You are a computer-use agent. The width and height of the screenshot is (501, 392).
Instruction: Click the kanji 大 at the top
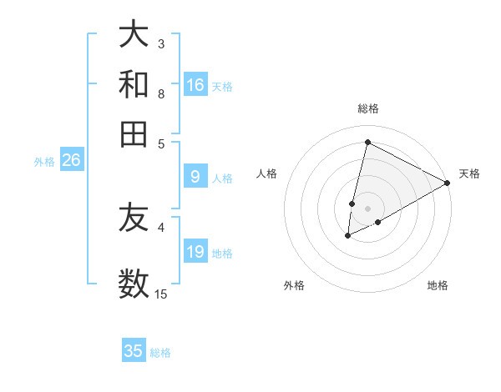point(134,35)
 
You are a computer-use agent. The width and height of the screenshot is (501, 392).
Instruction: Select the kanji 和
point(134,84)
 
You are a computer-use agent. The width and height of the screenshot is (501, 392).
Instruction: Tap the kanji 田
point(134,133)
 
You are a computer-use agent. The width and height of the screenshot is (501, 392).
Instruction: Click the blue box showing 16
point(195,85)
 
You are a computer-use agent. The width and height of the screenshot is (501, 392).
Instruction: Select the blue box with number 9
point(195,177)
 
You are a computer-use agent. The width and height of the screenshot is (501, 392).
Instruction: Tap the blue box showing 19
point(195,253)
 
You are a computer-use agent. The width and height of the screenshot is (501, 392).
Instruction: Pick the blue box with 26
point(71,161)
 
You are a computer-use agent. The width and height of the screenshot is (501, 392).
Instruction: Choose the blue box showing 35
point(134,351)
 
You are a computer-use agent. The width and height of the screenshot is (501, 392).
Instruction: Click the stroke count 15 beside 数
point(161,294)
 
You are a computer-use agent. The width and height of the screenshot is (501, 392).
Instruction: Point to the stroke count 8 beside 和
point(161,93)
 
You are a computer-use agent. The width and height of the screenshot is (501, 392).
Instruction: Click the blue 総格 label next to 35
point(160,353)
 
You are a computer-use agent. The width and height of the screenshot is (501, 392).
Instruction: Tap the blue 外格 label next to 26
point(44,162)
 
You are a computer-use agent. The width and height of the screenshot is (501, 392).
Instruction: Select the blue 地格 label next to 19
point(222,254)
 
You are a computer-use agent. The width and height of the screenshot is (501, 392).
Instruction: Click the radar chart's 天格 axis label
point(469,173)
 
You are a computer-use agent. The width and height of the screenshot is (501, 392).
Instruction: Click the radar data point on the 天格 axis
point(448,183)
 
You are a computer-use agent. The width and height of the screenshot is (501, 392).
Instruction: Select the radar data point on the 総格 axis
point(367,142)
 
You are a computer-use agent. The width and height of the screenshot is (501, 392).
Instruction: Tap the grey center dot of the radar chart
point(367,208)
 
